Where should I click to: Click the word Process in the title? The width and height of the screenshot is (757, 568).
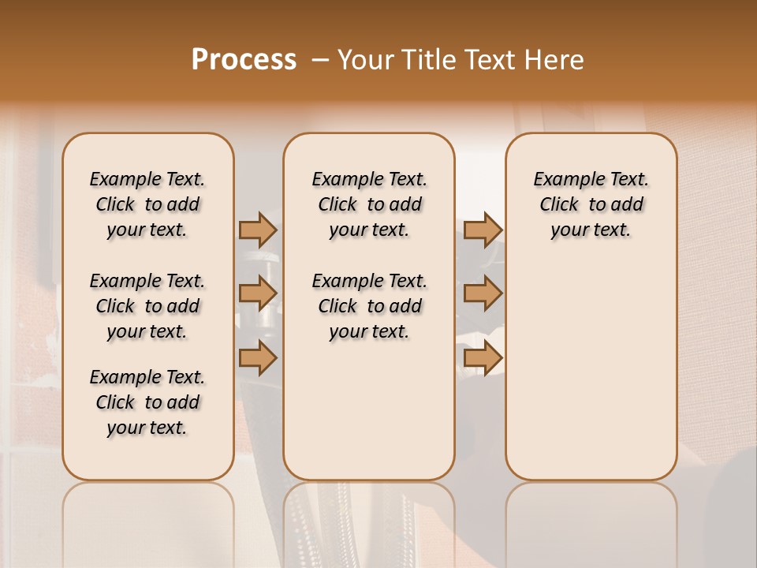click(x=244, y=60)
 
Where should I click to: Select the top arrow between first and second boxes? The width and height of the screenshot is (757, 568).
click(x=258, y=230)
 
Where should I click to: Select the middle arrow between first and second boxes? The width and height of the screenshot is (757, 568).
click(x=258, y=294)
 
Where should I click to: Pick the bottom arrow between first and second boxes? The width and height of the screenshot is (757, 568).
click(x=258, y=357)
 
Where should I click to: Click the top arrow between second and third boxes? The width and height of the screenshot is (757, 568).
click(x=483, y=230)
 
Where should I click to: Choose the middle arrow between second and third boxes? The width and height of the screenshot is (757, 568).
click(x=483, y=294)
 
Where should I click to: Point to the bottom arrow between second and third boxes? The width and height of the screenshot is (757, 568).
click(x=483, y=357)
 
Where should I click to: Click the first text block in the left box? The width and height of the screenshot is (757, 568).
click(x=147, y=204)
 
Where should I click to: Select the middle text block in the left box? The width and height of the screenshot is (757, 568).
click(x=147, y=306)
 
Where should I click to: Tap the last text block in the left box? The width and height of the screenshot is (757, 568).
click(x=147, y=402)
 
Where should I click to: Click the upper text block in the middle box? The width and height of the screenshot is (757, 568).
click(x=369, y=204)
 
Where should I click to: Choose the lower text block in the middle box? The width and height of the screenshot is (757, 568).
click(x=369, y=306)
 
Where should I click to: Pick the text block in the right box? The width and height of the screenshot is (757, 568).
click(x=591, y=204)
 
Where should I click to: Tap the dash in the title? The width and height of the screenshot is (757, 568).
click(x=320, y=60)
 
